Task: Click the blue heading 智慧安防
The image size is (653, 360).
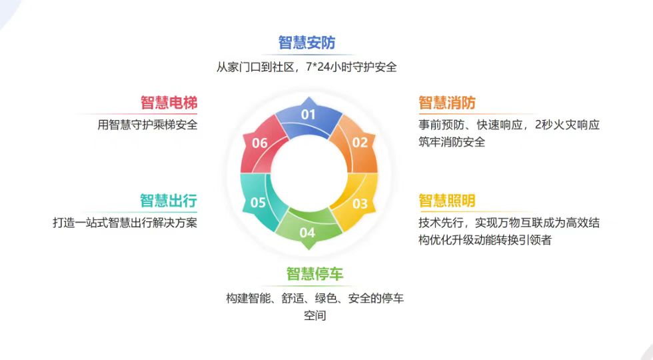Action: [307, 43]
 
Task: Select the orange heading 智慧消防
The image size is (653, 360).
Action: [446, 103]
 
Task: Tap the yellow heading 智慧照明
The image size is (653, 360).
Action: [446, 201]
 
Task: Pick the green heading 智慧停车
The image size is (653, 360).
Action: [315, 274]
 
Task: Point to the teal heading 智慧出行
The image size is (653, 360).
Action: [168, 201]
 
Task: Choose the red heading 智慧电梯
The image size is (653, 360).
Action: [169, 103]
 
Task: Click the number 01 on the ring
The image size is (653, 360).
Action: [308, 115]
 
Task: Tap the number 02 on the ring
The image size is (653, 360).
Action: [360, 143]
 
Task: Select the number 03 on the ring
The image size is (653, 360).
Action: [360, 203]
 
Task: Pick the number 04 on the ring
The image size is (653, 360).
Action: [307, 233]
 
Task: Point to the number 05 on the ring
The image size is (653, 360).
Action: [258, 203]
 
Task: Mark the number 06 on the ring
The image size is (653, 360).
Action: [259, 143]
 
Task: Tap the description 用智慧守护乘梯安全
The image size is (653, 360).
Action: [147, 125]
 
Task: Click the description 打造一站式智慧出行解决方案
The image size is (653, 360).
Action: [125, 223]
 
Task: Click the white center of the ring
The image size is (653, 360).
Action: [308, 173]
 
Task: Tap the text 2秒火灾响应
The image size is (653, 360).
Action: [567, 125]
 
